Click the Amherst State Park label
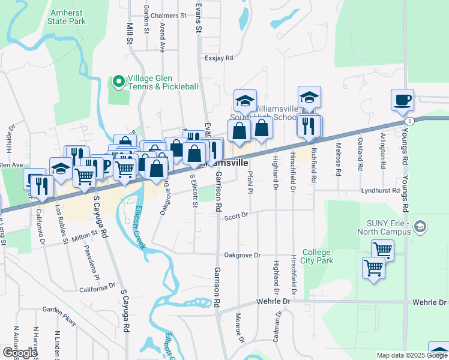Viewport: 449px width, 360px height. (x=68, y=17)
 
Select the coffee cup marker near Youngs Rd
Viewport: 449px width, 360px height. (x=402, y=100)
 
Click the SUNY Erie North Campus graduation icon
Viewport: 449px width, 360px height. (x=420, y=227)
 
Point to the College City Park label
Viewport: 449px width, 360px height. (x=317, y=256)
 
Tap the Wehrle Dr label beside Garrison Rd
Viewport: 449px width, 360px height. (x=273, y=301)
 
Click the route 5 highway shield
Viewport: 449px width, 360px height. (x=409, y=121)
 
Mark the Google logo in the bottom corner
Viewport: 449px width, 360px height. (x=19, y=353)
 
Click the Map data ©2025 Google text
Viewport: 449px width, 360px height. (x=412, y=355)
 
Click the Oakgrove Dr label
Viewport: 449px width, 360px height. (x=242, y=255)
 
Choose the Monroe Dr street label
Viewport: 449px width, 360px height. (x=240, y=331)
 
